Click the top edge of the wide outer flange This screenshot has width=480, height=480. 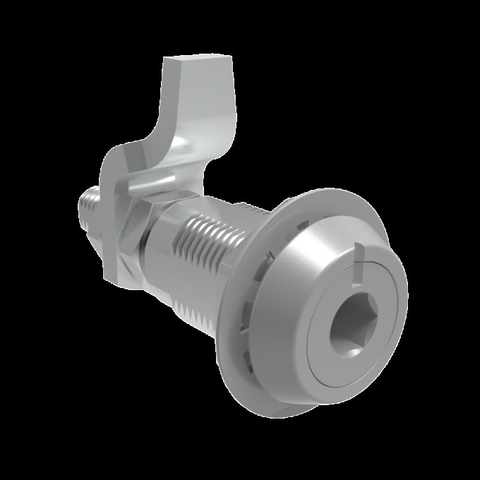click(x=332, y=191)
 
